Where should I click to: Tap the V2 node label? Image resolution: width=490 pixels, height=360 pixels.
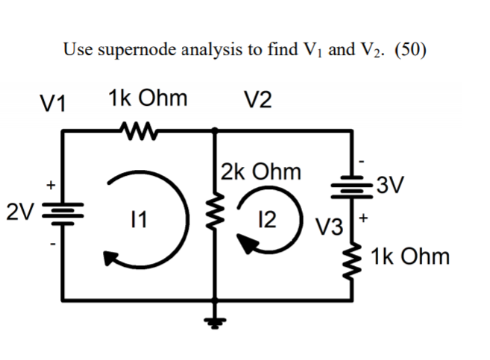point(257,101)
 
